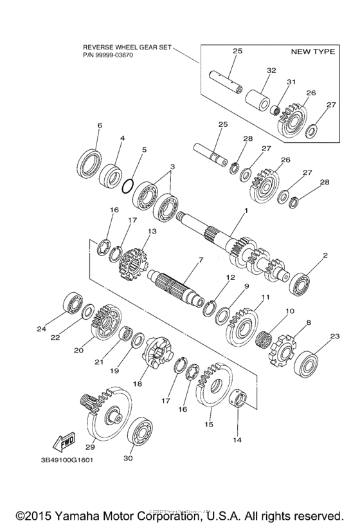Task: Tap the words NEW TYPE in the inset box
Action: point(312,51)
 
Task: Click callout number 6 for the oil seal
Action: point(98,125)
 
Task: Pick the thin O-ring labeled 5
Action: point(129,185)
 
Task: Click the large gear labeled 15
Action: point(212,388)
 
